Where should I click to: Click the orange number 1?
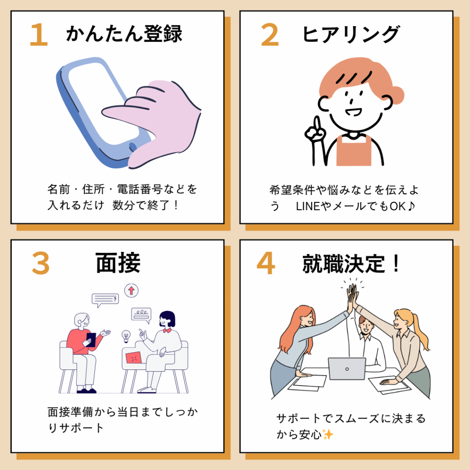(39, 34)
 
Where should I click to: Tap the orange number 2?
(270, 34)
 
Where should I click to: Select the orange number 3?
(41, 263)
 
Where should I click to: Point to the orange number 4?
(266, 263)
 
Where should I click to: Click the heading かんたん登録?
(124, 33)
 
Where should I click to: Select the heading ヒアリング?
(351, 34)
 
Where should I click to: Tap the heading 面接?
(118, 263)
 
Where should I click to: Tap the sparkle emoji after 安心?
(328, 434)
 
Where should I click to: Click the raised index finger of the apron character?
(317, 123)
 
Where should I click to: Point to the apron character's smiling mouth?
(353, 112)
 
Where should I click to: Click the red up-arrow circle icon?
(131, 291)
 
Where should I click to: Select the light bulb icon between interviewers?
(126, 336)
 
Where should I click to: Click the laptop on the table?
(347, 369)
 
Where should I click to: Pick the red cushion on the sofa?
(134, 358)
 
